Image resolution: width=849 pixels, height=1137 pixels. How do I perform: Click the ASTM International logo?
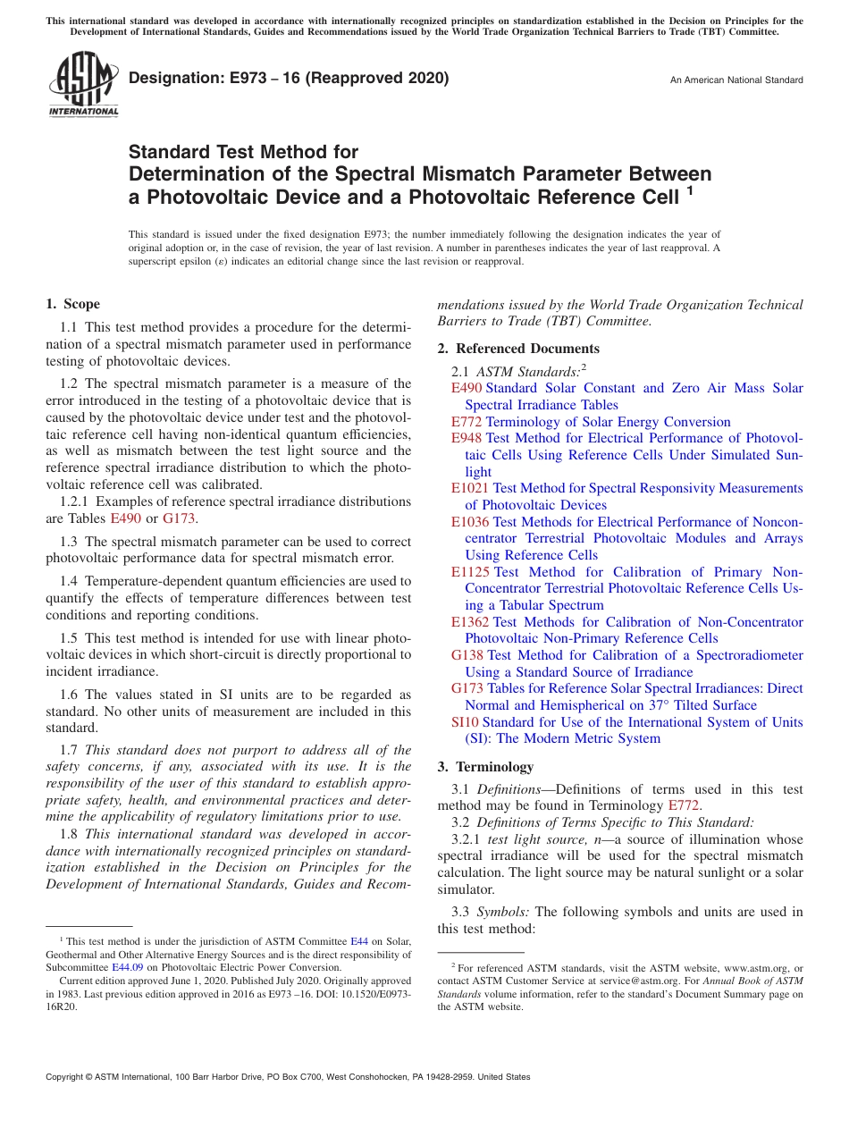coord(83,85)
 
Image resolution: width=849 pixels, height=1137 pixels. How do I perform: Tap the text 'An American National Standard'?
coord(736,80)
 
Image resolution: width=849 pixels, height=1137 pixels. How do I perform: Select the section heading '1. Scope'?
coord(73,304)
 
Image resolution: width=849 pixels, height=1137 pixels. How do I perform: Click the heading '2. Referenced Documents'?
coord(518,349)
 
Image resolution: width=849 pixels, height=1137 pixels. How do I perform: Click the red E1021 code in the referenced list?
coord(470,488)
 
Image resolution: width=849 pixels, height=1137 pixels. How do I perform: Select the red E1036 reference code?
coord(470,522)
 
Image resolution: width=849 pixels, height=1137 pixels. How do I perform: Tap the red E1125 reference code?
coord(470,572)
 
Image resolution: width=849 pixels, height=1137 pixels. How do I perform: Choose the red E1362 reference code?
coord(470,622)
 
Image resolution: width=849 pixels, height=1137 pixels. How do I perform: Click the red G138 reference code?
coord(467,655)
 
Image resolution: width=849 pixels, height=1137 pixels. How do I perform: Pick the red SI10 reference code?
coord(465,722)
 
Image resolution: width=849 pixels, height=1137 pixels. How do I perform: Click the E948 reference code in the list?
coord(467,438)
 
